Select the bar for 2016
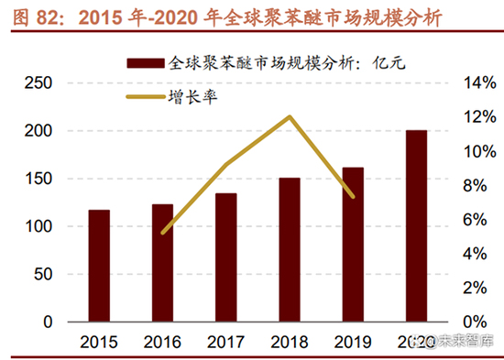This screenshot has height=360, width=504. coord(162,263)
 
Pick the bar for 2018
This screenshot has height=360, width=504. coord(290,249)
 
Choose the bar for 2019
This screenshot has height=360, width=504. coord(353,245)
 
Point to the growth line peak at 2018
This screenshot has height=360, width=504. coord(290,116)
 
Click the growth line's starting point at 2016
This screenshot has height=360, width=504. coord(162,233)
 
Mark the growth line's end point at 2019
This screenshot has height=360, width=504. coord(353,196)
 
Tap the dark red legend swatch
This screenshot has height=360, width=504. coord(146,63)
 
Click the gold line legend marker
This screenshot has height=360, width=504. coord(146,94)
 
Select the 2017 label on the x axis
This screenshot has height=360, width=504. coord(226,342)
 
